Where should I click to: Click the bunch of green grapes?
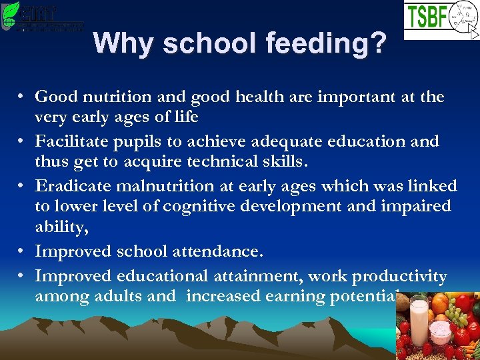[x=467, y=311]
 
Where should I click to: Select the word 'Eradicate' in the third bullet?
[x=71, y=186]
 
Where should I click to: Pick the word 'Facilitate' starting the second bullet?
[x=71, y=141]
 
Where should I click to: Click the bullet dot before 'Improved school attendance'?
[x=22, y=251]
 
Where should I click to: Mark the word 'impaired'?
[x=415, y=207]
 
